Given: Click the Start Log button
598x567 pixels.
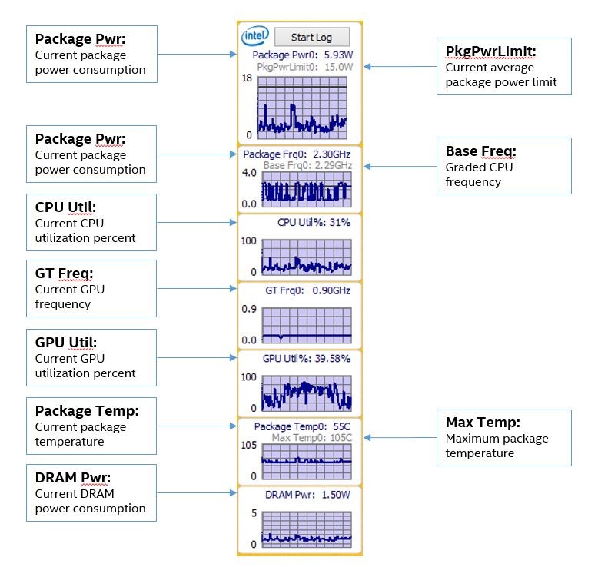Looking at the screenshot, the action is pyautogui.click(x=311, y=37).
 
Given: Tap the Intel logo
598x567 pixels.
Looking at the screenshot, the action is pyautogui.click(x=255, y=35).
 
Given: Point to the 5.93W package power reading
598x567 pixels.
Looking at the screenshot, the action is pyautogui.click(x=338, y=55).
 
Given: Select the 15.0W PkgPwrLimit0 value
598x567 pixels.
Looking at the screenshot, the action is pyautogui.click(x=339, y=67).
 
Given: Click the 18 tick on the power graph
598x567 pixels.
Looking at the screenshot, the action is pyautogui.click(x=247, y=78).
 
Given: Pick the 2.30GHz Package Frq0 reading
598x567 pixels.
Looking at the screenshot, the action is pyautogui.click(x=331, y=154).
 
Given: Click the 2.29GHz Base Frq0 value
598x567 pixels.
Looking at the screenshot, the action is pyautogui.click(x=333, y=165).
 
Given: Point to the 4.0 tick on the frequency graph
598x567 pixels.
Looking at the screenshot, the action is pyautogui.click(x=249, y=173).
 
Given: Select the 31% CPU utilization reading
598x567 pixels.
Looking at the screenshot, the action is pyautogui.click(x=340, y=222).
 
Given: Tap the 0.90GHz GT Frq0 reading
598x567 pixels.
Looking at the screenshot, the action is pyautogui.click(x=331, y=290).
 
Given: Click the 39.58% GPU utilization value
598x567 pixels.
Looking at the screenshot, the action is pyautogui.click(x=332, y=359).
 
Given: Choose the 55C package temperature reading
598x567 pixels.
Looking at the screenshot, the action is pyautogui.click(x=342, y=426).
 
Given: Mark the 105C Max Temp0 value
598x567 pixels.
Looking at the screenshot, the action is pyautogui.click(x=341, y=438).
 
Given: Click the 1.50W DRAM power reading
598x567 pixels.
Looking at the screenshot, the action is pyautogui.click(x=336, y=495).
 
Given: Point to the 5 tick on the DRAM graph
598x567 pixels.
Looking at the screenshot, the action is pyautogui.click(x=254, y=513).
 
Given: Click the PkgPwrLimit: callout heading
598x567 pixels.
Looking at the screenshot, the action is pyautogui.click(x=490, y=51).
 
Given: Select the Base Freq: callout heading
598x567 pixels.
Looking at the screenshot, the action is pyautogui.click(x=480, y=151).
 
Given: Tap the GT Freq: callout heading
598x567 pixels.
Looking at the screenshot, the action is pyautogui.click(x=64, y=274).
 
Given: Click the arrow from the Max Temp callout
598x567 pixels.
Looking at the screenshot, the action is pyautogui.click(x=400, y=438).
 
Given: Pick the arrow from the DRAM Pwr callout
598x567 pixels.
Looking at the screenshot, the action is pyautogui.click(x=197, y=492).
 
